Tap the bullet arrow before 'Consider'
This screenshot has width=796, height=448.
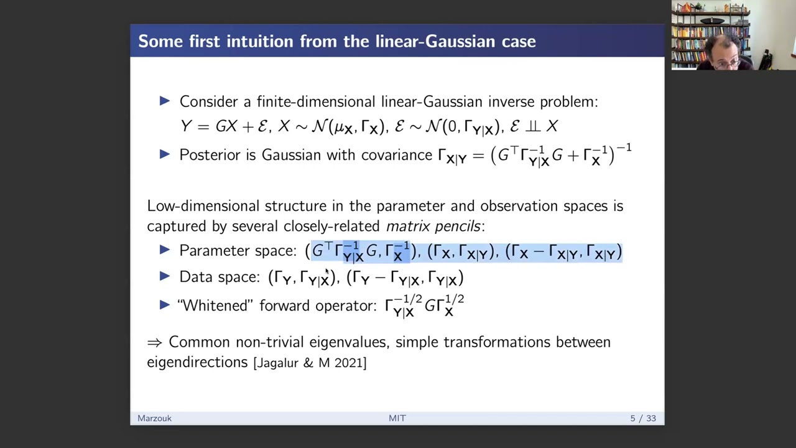[x=165, y=100]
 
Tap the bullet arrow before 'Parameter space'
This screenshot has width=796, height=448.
[x=165, y=250]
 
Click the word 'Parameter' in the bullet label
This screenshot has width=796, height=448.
[x=208, y=251]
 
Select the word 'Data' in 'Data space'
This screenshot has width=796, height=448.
[x=193, y=277]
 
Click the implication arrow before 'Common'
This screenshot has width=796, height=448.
[x=154, y=342]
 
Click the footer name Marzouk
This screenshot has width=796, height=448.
[x=154, y=418]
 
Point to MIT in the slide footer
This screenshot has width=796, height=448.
[x=397, y=418]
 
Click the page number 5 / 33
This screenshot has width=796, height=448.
[x=643, y=418]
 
